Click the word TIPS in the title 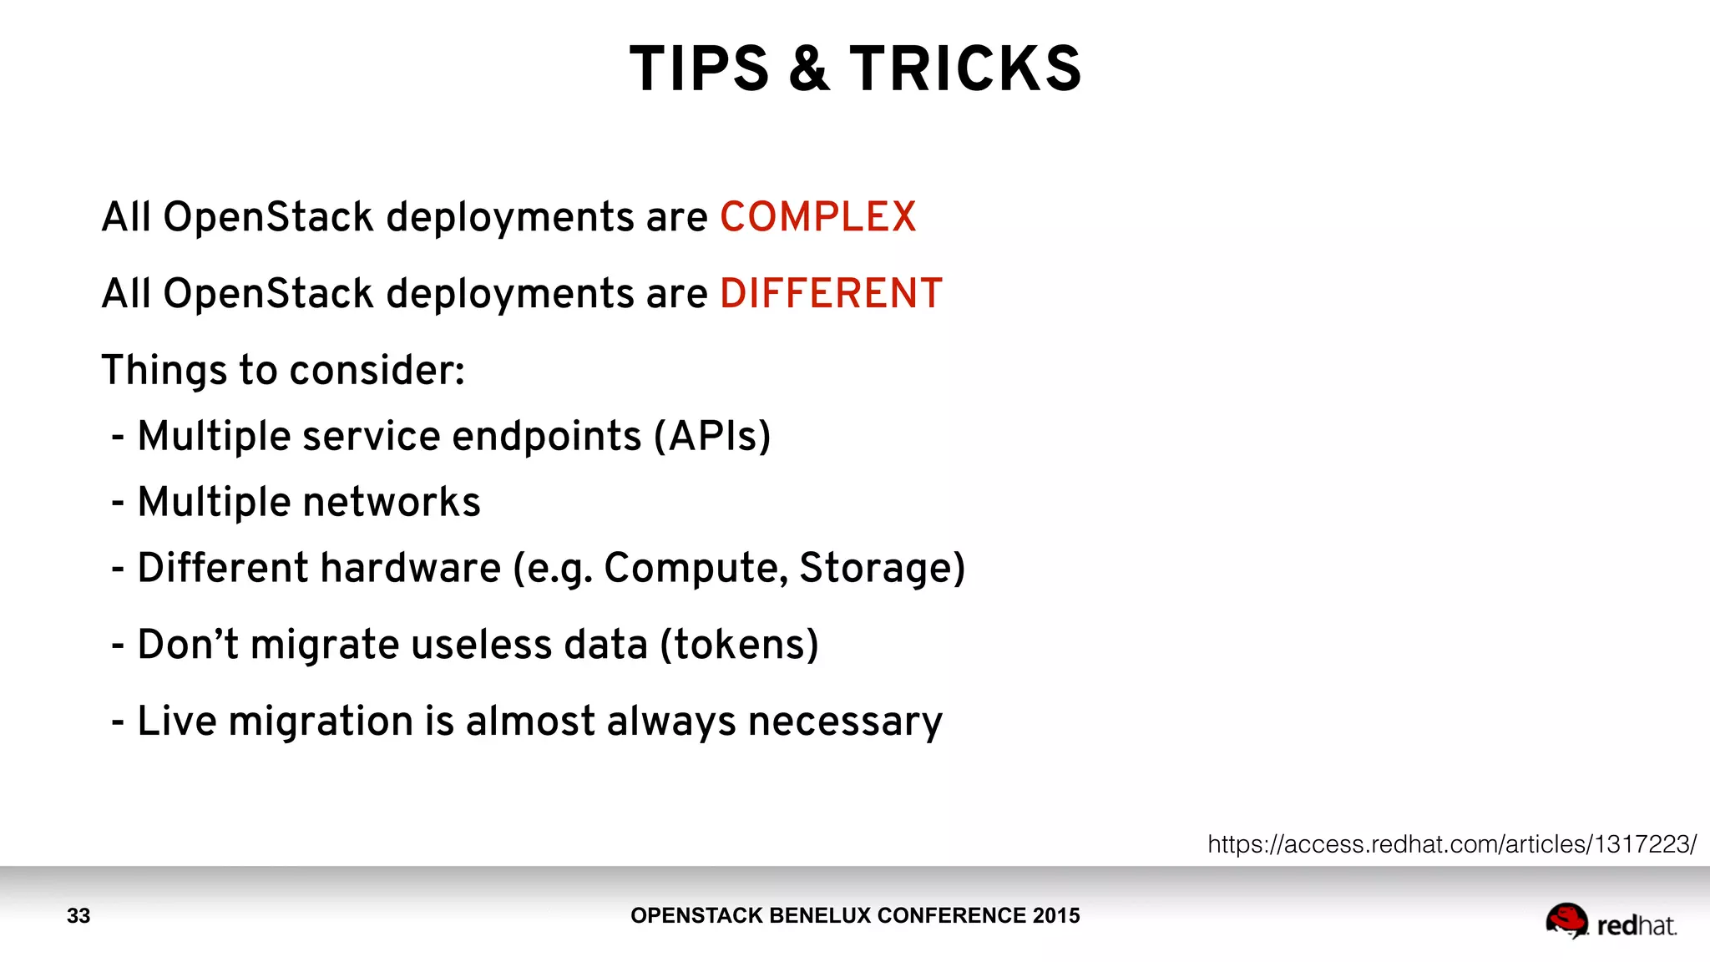pos(699,68)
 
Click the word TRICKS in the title pos(966,68)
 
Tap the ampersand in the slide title pos(809,68)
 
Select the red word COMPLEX pos(817,217)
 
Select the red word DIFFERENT pos(831,294)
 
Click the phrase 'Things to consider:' pos(283,370)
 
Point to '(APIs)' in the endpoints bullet pos(712,436)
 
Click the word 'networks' pos(392,502)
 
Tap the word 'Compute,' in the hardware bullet pos(696,568)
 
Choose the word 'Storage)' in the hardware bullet pos(882,568)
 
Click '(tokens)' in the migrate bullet pos(739,645)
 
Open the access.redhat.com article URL pos(1451,844)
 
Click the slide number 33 pos(78,916)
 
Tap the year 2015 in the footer pos(1055,916)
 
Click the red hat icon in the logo pos(1566,920)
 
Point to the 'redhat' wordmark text pos(1636,925)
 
